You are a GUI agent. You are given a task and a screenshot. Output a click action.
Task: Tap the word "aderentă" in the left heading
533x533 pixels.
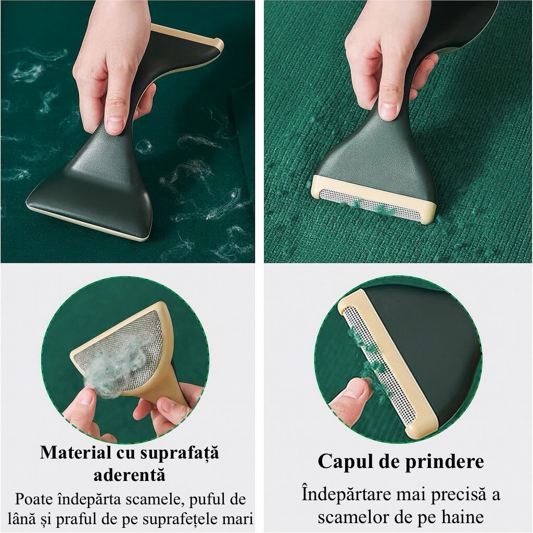[x=130, y=475]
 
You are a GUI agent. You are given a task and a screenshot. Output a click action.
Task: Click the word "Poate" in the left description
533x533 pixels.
[x=34, y=499]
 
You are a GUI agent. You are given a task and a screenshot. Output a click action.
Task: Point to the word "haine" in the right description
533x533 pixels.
[x=463, y=517]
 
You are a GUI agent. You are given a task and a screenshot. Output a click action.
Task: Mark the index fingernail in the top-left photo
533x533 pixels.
[x=115, y=122]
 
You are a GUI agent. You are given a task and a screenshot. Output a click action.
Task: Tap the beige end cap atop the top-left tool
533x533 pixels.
[x=191, y=37]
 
